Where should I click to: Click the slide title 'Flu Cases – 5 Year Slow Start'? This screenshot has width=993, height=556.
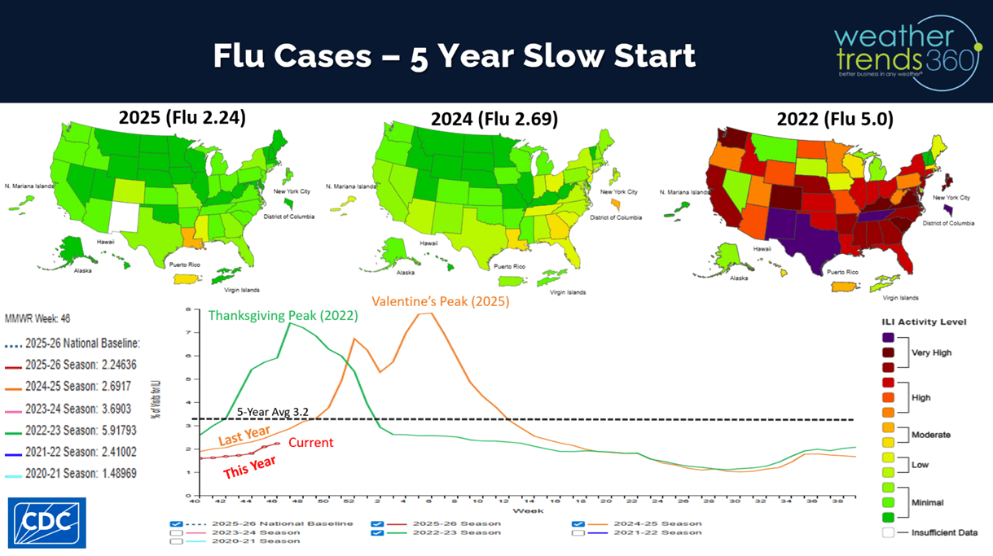pyautogui.click(x=454, y=55)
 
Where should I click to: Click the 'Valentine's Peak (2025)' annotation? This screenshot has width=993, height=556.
pyautogui.click(x=441, y=301)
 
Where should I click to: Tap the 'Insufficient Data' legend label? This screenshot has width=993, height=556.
pyautogui.click(x=945, y=532)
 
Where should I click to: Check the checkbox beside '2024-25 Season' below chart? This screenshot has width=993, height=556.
pyautogui.click(x=578, y=523)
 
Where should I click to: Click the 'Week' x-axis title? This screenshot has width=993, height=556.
pyautogui.click(x=524, y=510)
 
